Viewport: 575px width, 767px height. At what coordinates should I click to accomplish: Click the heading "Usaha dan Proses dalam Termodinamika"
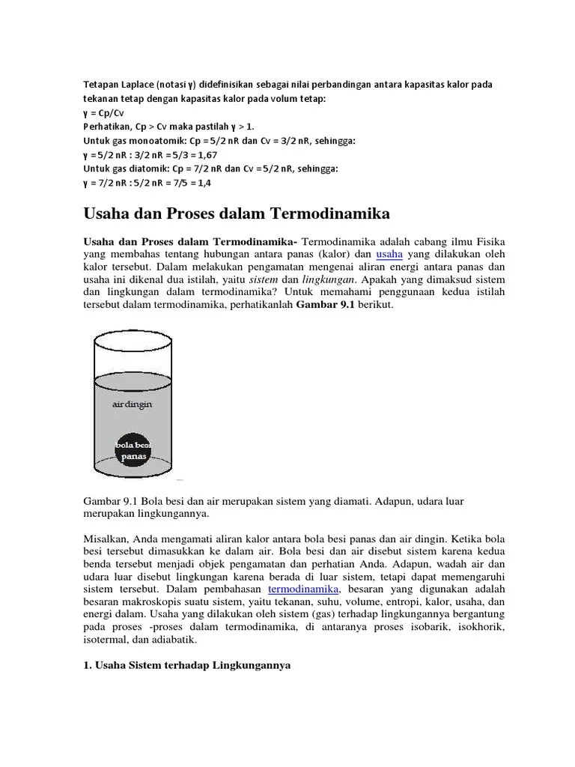237,214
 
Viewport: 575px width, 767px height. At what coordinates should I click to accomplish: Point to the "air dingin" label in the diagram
132,404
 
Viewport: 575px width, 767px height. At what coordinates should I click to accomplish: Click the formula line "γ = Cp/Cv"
103,112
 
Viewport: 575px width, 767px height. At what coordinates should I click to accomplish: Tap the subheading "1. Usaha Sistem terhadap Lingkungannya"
186,665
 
